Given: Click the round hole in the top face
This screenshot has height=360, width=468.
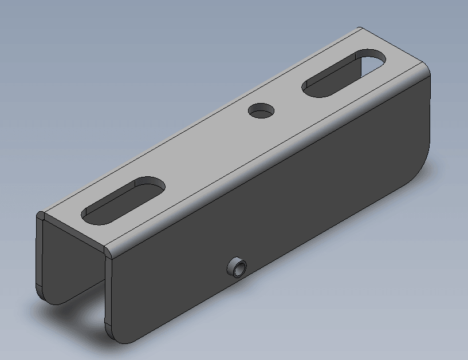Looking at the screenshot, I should (261, 110).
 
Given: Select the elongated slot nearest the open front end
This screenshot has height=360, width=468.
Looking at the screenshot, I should (123, 201).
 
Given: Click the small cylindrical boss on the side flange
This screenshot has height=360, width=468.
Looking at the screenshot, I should (237, 267).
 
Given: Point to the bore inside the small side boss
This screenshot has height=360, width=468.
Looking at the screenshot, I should (239, 268).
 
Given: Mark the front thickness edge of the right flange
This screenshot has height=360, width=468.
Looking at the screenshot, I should (107, 292).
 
